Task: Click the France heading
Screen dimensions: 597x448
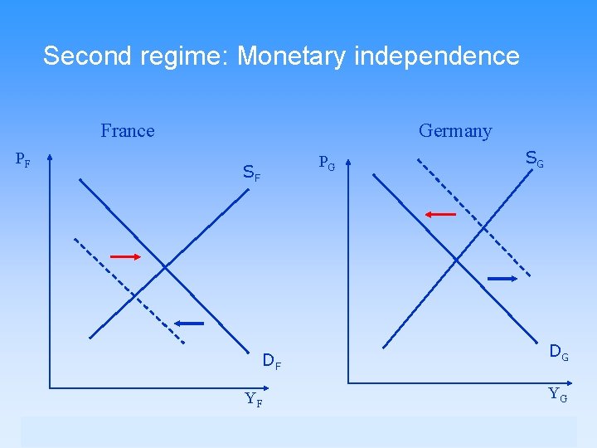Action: [x=127, y=131]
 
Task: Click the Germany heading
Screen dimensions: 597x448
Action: [x=455, y=131]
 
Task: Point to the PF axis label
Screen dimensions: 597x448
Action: [x=23, y=160]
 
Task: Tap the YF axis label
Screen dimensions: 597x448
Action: [x=255, y=399]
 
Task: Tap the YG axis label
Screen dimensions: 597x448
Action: [x=558, y=394]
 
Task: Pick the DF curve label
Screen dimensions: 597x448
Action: [x=272, y=361]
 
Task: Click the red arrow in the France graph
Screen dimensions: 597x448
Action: [x=126, y=257]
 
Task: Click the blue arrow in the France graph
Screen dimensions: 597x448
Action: [x=189, y=323]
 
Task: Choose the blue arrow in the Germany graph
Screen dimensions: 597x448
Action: [x=502, y=279]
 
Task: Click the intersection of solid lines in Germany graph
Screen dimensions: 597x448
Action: [x=456, y=261]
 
